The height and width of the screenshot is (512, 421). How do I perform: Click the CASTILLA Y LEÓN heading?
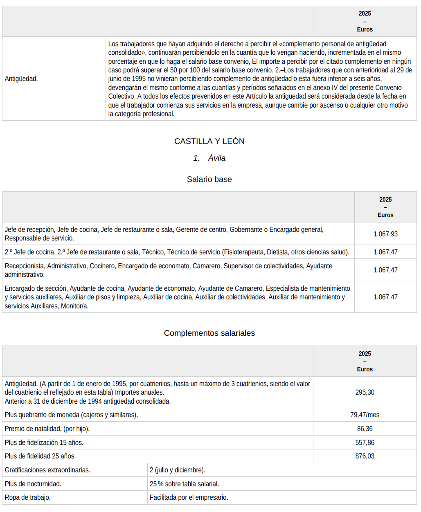(209, 141)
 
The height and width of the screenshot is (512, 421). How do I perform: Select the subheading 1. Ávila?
(209, 158)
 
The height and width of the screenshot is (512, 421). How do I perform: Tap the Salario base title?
(209, 179)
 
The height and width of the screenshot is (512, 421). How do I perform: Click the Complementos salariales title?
(209, 333)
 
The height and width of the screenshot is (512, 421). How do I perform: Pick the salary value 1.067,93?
(385, 234)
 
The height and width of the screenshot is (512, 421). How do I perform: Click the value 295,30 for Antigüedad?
(365, 392)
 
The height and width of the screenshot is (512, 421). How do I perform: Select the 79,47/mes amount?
(365, 415)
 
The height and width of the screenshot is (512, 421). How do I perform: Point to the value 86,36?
(365, 429)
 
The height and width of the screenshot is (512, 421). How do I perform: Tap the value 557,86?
(365, 442)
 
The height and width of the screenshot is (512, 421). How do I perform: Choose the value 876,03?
(365, 456)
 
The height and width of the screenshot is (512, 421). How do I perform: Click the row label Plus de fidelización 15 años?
(44, 442)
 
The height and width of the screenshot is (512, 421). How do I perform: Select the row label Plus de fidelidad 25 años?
(41, 456)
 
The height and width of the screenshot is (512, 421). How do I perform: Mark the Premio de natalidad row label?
(47, 429)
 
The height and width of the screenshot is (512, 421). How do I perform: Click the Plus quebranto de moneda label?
(71, 415)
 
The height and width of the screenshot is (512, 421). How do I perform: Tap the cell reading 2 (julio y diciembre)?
(178, 470)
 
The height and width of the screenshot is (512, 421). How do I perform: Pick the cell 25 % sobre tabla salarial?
(184, 484)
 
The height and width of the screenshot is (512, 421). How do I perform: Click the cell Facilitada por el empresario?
(189, 497)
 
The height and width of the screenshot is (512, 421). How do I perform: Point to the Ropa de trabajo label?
(28, 497)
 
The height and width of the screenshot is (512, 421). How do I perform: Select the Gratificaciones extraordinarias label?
(47, 470)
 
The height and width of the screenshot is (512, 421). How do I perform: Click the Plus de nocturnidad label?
(33, 484)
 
